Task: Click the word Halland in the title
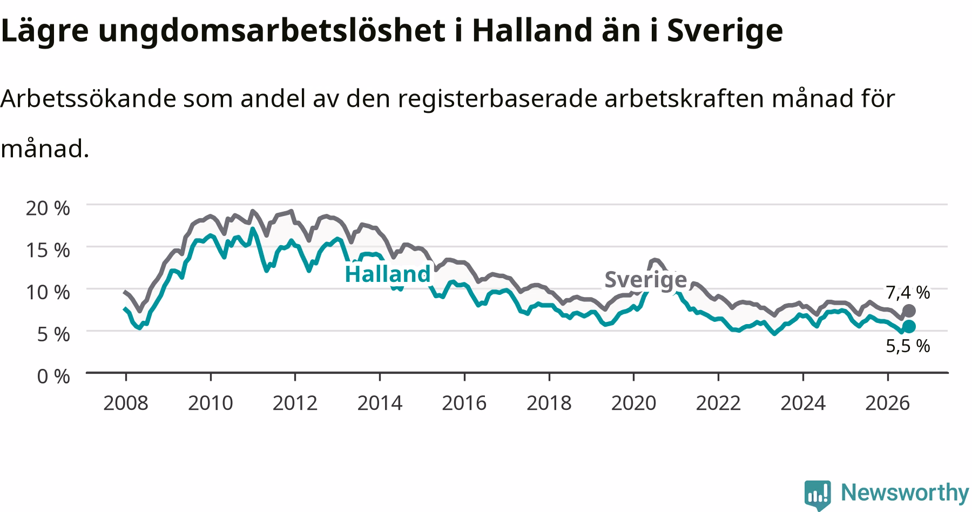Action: pyautogui.click(x=532, y=31)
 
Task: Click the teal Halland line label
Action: pyautogui.click(x=387, y=274)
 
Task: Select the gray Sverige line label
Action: pyautogui.click(x=645, y=280)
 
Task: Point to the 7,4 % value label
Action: pyautogui.click(x=908, y=293)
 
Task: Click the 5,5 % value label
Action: pyautogui.click(x=908, y=346)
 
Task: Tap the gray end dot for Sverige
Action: pyautogui.click(x=909, y=311)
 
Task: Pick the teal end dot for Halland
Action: pyautogui.click(x=909, y=326)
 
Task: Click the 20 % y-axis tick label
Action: pyautogui.click(x=48, y=208)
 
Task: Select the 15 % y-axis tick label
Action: pyautogui.click(x=48, y=250)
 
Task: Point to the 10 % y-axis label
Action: pyautogui.click(x=48, y=292)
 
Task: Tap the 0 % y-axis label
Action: pyautogui.click(x=53, y=376)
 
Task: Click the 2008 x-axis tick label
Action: pyautogui.click(x=125, y=403)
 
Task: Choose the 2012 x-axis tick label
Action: pyautogui.click(x=295, y=403)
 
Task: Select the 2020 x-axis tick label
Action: pyautogui.click(x=633, y=403)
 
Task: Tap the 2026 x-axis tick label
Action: pyautogui.click(x=887, y=403)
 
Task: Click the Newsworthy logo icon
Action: pyautogui.click(x=818, y=494)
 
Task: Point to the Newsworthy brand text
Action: pyautogui.click(x=905, y=493)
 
